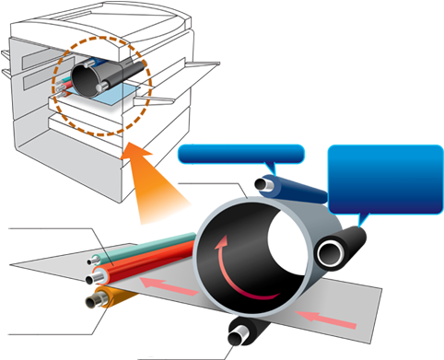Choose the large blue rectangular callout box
[385, 179]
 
